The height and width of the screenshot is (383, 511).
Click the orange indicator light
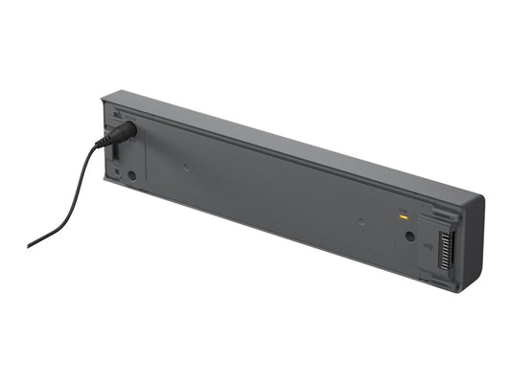(x=405, y=218)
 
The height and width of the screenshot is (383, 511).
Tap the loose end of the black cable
(x=30, y=245)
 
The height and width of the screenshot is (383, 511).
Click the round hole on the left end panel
(x=132, y=176)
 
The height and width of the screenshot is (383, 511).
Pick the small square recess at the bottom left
(x=115, y=173)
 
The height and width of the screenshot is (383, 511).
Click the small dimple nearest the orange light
(x=361, y=221)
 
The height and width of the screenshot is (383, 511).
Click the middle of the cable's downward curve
(x=72, y=206)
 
